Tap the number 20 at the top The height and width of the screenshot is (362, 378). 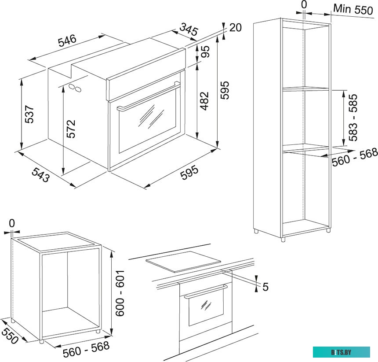(236, 28)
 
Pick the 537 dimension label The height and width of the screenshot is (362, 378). (29, 115)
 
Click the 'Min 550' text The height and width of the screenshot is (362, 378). (353, 9)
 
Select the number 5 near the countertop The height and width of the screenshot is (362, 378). (265, 288)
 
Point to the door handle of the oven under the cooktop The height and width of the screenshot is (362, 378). (206, 291)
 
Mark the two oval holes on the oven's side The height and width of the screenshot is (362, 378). (75, 88)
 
